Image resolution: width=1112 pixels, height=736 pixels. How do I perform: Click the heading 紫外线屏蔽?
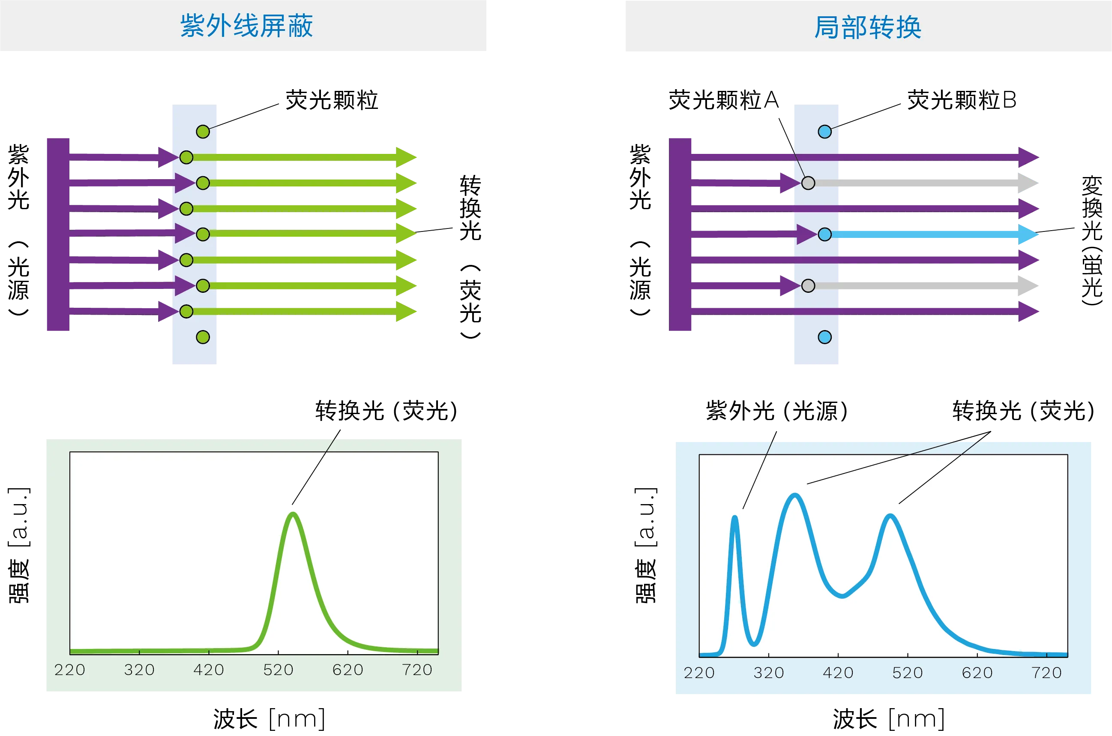(x=246, y=26)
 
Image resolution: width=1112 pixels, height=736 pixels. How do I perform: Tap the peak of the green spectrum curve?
(x=293, y=514)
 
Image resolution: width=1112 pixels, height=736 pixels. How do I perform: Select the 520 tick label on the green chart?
(x=278, y=670)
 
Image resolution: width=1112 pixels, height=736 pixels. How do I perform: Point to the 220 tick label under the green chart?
(x=70, y=670)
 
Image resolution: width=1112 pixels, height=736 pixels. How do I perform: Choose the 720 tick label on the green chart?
(x=417, y=670)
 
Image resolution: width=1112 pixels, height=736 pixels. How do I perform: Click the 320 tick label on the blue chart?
(x=769, y=673)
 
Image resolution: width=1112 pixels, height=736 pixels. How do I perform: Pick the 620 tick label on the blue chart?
(x=977, y=673)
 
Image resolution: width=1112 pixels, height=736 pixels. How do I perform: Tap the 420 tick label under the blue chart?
(x=838, y=673)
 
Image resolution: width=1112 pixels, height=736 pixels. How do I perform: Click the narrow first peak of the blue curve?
(x=734, y=518)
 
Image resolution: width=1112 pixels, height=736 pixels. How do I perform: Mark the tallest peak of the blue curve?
(x=795, y=495)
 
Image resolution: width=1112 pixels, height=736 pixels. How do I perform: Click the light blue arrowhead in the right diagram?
(x=1029, y=234)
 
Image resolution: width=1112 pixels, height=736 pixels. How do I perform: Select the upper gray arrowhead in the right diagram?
(x=1028, y=183)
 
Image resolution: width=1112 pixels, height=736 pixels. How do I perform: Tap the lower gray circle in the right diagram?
(x=808, y=285)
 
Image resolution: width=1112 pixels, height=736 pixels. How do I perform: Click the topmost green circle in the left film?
(x=203, y=132)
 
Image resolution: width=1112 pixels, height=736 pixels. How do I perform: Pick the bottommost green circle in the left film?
(x=203, y=337)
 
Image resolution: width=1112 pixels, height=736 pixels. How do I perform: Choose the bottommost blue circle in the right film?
(x=824, y=337)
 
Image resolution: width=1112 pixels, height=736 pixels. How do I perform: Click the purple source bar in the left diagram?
(x=58, y=235)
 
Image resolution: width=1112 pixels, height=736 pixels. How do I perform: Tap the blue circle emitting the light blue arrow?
(x=824, y=234)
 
